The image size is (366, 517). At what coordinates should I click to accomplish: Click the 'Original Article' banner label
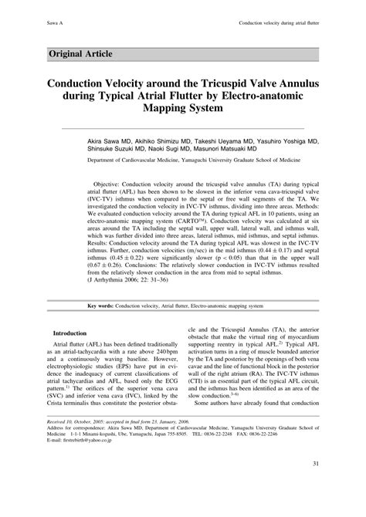[80, 53]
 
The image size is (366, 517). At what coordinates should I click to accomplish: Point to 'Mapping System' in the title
[183, 109]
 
